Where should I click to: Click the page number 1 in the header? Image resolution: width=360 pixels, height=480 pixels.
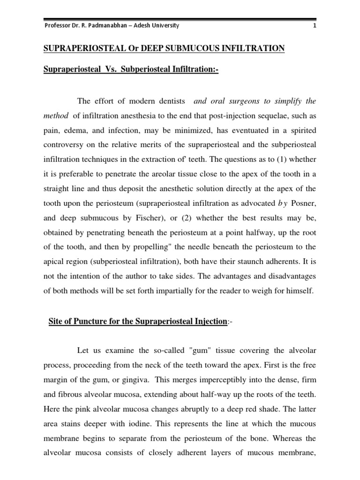point(315,26)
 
